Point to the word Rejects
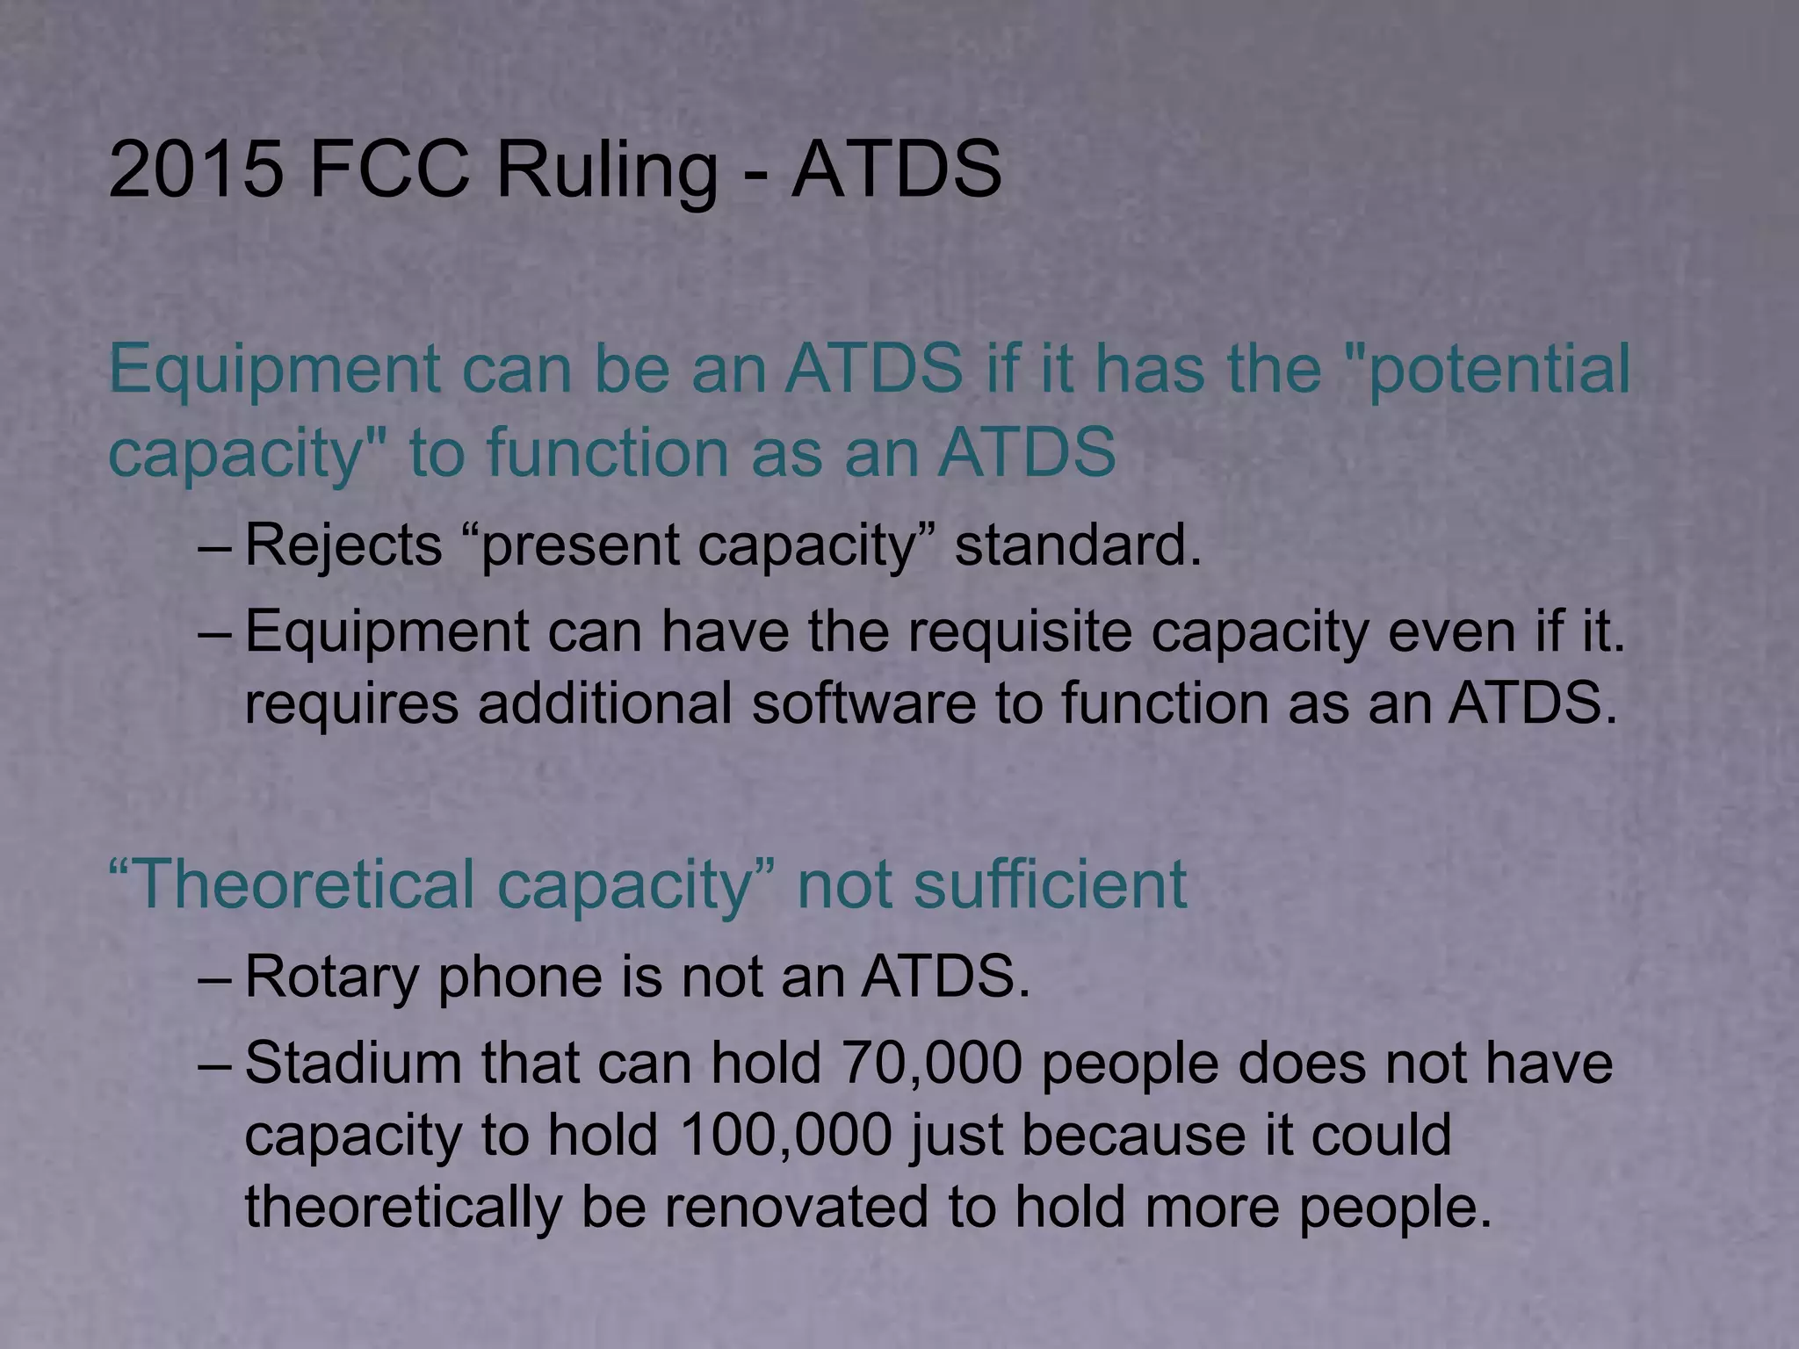pos(343,546)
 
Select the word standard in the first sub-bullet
pos(1077,545)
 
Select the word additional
pos(605,703)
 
